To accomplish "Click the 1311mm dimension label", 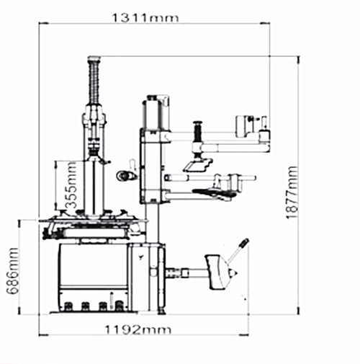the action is pyautogui.click(x=145, y=18).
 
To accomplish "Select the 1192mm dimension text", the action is pyautogui.click(x=138, y=329).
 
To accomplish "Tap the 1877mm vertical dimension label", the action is pyautogui.click(x=292, y=192).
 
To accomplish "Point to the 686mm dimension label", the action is pyautogui.click(x=12, y=271).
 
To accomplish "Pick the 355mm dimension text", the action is pyautogui.click(x=71, y=185).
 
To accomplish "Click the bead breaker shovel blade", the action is pyautogui.click(x=215, y=272).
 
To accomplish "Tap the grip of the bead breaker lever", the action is pyautogui.click(x=245, y=243).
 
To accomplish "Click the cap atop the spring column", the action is pyautogui.click(x=94, y=58).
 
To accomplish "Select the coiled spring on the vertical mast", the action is pyautogui.click(x=94, y=82).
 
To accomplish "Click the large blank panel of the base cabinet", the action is pyautogui.click(x=94, y=265).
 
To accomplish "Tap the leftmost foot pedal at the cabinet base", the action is pyautogui.click(x=68, y=306).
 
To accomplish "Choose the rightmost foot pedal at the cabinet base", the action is pyautogui.click(x=119, y=306).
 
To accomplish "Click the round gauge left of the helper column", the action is pyautogui.click(x=122, y=176).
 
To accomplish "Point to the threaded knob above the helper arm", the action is pyautogui.click(x=197, y=132).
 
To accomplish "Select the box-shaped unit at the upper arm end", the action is pyautogui.click(x=245, y=126).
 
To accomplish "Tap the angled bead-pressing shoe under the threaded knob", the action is pyautogui.click(x=198, y=165).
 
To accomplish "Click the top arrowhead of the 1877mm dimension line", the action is pyautogui.click(x=298, y=59).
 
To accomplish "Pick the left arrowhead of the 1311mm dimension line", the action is pyautogui.click(x=43, y=23).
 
